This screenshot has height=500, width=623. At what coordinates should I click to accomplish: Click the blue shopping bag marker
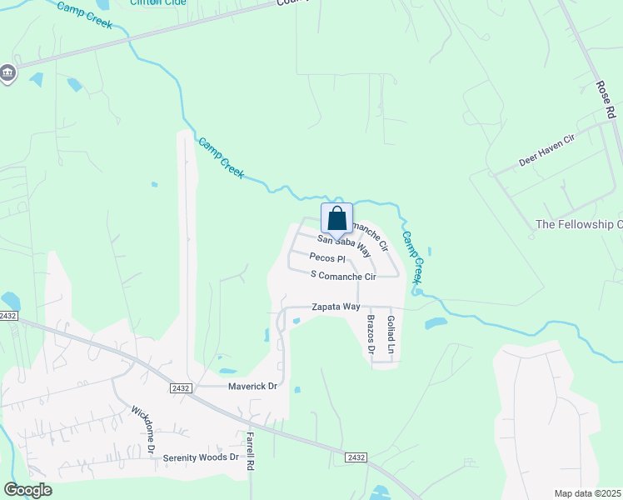pyautogui.click(x=336, y=218)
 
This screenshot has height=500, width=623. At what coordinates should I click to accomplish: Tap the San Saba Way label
pyautogui.click(x=342, y=242)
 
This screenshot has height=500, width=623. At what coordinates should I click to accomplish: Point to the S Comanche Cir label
pyautogui.click(x=343, y=275)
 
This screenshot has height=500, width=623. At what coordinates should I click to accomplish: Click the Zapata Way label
pyautogui.click(x=336, y=307)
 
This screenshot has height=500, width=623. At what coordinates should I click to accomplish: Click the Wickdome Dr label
pyautogui.click(x=143, y=429)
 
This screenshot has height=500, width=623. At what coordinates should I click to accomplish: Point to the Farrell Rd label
pyautogui.click(x=249, y=452)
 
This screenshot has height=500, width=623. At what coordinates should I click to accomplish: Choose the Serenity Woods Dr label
pyautogui.click(x=201, y=457)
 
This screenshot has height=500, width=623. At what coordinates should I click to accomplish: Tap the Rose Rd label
pyautogui.click(x=605, y=99)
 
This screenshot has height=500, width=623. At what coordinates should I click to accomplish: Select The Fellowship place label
pyautogui.click(x=579, y=225)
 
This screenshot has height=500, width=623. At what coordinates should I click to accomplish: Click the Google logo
pyautogui.click(x=27, y=490)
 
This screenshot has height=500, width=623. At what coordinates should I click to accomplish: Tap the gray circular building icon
pyautogui.click(x=8, y=73)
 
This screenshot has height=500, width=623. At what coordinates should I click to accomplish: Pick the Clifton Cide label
pyautogui.click(x=157, y=2)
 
